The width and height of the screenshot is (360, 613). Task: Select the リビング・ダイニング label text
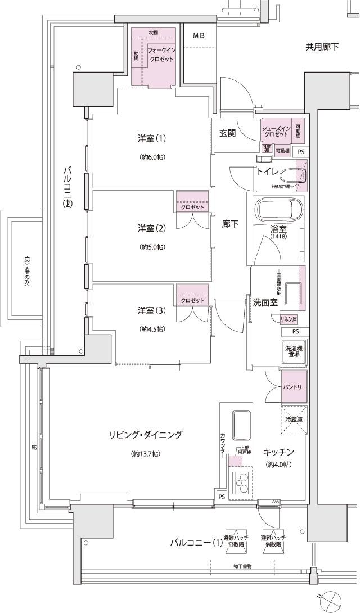pos(146,434)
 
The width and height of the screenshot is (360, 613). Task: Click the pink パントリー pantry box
pos(294,388)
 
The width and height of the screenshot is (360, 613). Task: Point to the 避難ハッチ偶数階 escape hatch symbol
pos(273,541)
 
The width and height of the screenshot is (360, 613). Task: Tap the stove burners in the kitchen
pos(242,482)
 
